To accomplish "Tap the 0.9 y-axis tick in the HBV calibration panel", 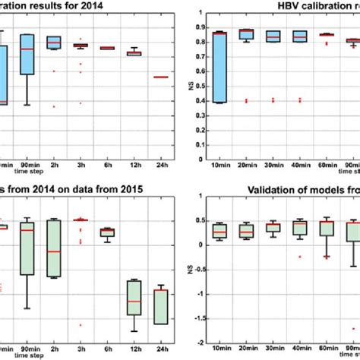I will (x=200, y=27).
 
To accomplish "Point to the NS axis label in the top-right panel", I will (x=188, y=77).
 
